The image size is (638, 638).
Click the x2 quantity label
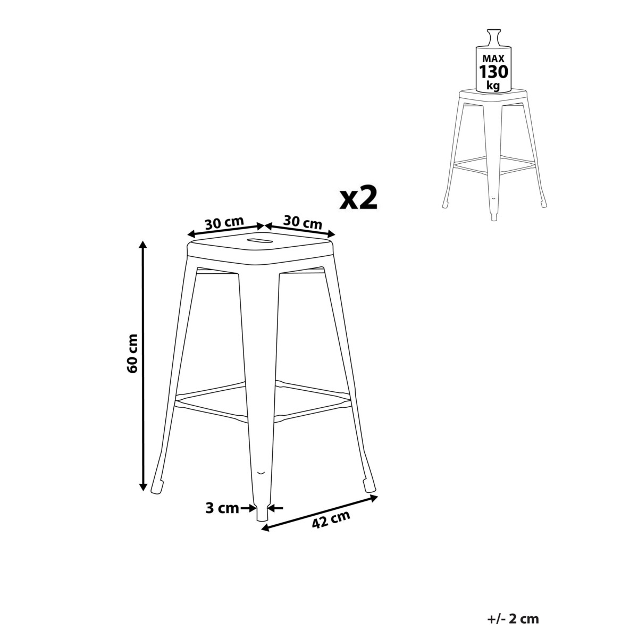pyautogui.click(x=359, y=199)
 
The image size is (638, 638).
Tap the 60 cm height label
pyautogui.click(x=133, y=352)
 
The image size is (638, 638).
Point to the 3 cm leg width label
pyautogui.click(x=222, y=508)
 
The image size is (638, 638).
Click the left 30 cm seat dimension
pyautogui.click(x=224, y=223)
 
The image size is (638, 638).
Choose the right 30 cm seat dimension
pyautogui.click(x=303, y=223)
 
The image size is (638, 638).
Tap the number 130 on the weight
pyautogui.click(x=494, y=71)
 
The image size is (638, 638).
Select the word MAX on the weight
pyautogui.click(x=494, y=57)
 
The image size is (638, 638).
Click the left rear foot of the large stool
pyautogui.click(x=158, y=486)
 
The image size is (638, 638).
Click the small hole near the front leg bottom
pyautogui.click(x=261, y=472)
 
